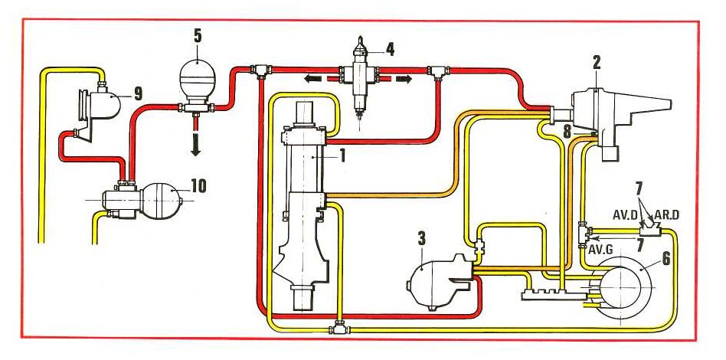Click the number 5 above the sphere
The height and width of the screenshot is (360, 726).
[198, 37]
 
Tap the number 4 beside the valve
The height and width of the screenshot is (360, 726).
[391, 49]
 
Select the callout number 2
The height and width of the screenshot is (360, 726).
[596, 61]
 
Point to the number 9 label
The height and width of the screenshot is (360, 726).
[138, 94]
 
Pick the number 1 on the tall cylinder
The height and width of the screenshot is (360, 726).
[342, 155]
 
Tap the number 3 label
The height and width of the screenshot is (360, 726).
[421, 240]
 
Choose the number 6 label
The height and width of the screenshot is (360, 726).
[665, 259]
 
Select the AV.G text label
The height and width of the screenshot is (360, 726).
[600, 249]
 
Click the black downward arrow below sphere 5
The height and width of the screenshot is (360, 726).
[195, 144]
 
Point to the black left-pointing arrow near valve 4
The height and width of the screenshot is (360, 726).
[313, 79]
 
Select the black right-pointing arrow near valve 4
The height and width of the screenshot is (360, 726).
[403, 79]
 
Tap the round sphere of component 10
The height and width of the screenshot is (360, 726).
[161, 199]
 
